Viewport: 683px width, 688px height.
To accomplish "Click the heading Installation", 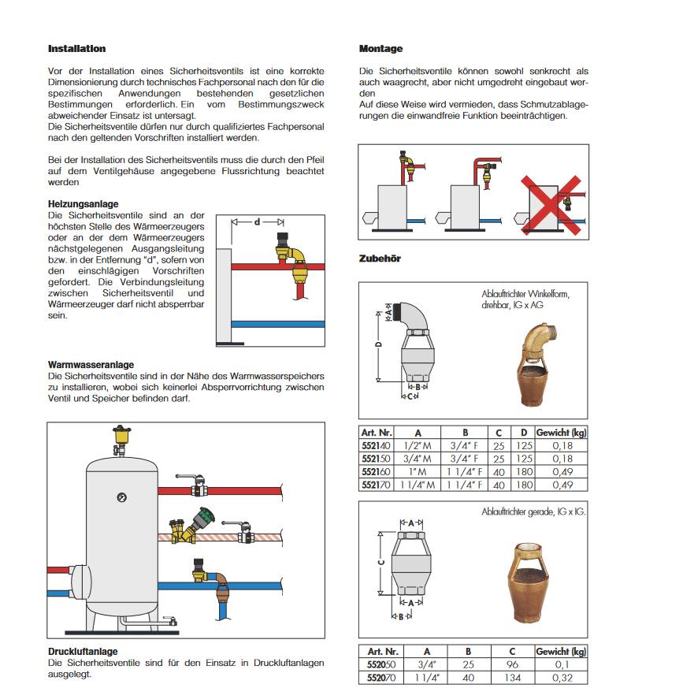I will pyautogui.click(x=76, y=49).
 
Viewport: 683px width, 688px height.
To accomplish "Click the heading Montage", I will pyautogui.click(x=380, y=49).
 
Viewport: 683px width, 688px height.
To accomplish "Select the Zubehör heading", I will pyautogui.click(x=380, y=258).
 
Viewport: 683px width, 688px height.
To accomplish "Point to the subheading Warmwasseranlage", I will pyautogui.click(x=91, y=365).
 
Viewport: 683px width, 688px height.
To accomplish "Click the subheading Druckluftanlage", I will pyautogui.click(x=83, y=652).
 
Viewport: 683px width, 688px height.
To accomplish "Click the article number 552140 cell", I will pyautogui.click(x=377, y=444).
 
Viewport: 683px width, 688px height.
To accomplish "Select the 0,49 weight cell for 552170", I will pyautogui.click(x=561, y=485).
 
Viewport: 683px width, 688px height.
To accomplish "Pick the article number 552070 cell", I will pyautogui.click(x=382, y=677).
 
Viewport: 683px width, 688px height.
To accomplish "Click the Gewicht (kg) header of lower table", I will pyautogui.click(x=561, y=652).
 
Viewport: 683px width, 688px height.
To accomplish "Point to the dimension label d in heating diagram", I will pyautogui.click(x=258, y=223).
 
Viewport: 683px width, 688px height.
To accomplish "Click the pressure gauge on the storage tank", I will pyautogui.click(x=121, y=497).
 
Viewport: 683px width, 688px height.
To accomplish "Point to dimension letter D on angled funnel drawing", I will pyautogui.click(x=378, y=344).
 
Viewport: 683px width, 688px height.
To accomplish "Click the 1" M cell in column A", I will pyautogui.click(x=418, y=471).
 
